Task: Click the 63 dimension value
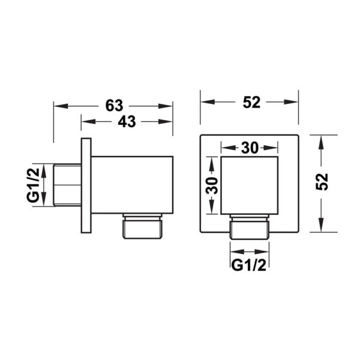click(115, 106)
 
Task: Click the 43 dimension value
click(127, 121)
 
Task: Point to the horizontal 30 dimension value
click(250, 148)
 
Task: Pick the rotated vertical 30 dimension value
click(212, 185)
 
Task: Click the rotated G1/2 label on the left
click(33, 185)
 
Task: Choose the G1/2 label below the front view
click(248, 265)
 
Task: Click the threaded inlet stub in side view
click(67, 185)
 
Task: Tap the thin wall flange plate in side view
click(86, 185)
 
